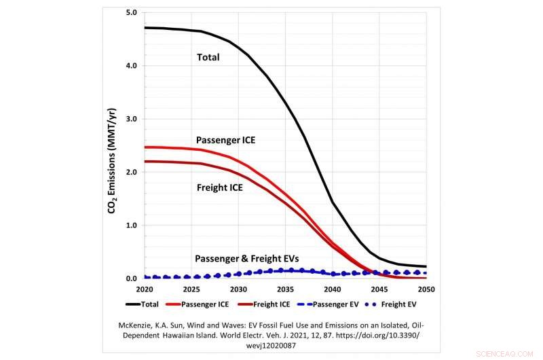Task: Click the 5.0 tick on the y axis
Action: pos(132,13)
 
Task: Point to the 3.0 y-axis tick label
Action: pos(132,119)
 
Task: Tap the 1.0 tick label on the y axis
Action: pos(132,225)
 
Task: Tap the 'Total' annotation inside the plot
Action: pos(208,58)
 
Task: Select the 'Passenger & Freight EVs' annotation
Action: pos(247,259)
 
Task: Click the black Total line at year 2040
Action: pos(333,202)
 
